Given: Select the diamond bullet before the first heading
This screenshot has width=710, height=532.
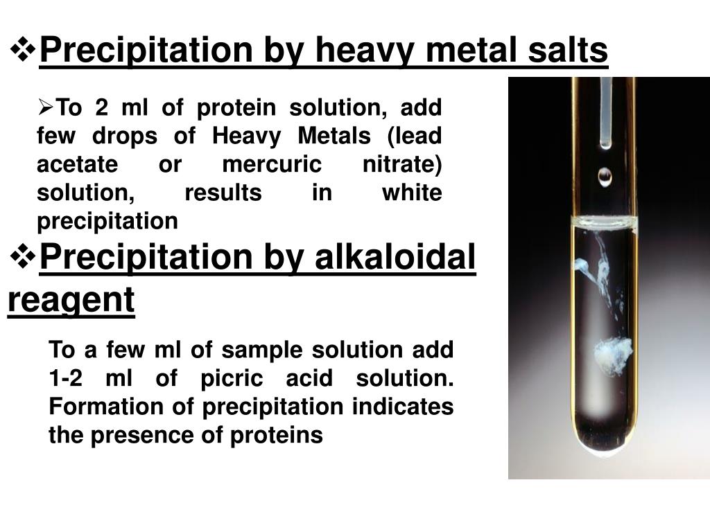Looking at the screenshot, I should (22, 48).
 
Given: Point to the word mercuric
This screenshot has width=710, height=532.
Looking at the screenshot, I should (272, 164).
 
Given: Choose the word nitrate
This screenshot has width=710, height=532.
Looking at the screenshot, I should (402, 164).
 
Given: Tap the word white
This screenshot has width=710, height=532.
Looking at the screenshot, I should (412, 193).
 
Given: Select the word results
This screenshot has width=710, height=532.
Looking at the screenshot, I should (223, 193).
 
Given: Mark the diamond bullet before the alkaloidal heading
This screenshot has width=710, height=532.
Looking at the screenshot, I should (22, 257).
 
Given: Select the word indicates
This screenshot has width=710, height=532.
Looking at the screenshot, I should (403, 407).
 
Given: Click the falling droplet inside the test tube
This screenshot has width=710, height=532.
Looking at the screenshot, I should (605, 177).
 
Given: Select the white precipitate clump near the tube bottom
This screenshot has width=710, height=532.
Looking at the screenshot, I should (613, 355).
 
